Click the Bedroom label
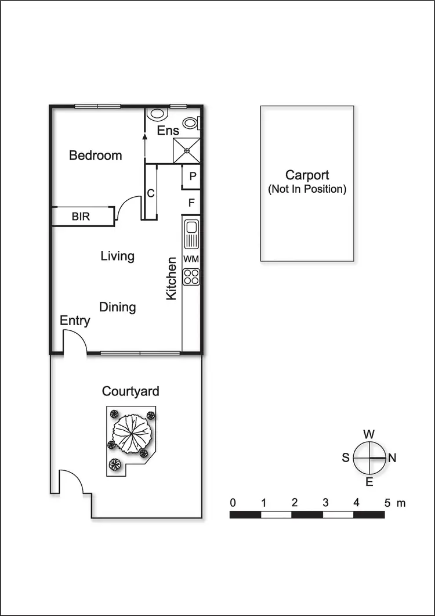pyautogui.click(x=96, y=156)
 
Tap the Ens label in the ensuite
pyautogui.click(x=168, y=131)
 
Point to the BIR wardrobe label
pyautogui.click(x=81, y=217)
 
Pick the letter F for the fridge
pyautogui.click(x=192, y=203)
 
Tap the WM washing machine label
pyautogui.click(x=191, y=258)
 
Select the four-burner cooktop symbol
pyautogui.click(x=191, y=277)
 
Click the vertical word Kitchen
pyautogui.click(x=172, y=279)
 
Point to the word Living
pyautogui.click(x=117, y=256)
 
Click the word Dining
pyautogui.click(x=117, y=307)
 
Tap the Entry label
pyautogui.click(x=75, y=321)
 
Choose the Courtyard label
pyautogui.click(x=130, y=392)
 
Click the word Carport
pyautogui.click(x=307, y=175)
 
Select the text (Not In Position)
pyautogui.click(x=307, y=189)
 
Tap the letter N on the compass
pyautogui.click(x=392, y=458)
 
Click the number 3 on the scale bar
pyautogui.click(x=325, y=502)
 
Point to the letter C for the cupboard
pyautogui.click(x=150, y=194)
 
